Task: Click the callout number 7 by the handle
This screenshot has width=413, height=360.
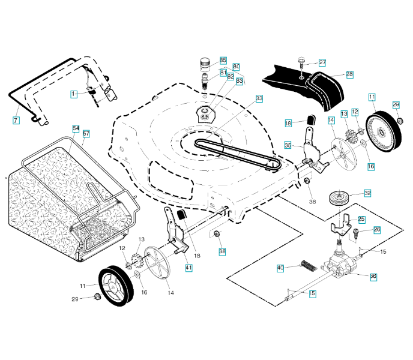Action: pos(16,120)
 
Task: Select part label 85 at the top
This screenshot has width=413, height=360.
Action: pos(223,61)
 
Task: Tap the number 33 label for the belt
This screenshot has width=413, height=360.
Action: pos(259,98)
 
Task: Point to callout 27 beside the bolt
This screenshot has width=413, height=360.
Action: pos(322,62)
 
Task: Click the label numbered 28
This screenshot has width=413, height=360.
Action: pos(349,74)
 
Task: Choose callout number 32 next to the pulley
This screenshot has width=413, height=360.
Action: pos(367,193)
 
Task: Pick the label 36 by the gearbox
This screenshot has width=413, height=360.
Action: pos(373,277)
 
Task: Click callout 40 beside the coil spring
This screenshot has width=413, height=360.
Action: pos(280,268)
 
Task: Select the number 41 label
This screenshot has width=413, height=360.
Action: pos(188,268)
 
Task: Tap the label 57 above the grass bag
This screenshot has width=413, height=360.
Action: pos(86,133)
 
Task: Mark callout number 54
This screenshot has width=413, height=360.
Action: pos(76,128)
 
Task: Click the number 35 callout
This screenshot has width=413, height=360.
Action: pos(288,145)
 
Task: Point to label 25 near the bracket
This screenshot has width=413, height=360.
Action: pos(361,219)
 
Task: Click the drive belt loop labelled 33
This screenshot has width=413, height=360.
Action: pos(234,152)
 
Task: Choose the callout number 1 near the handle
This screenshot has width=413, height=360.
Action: pos(74,94)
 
